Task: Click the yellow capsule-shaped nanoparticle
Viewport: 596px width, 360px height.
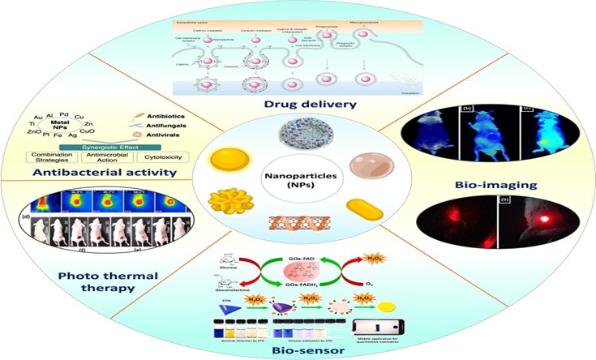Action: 366,213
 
